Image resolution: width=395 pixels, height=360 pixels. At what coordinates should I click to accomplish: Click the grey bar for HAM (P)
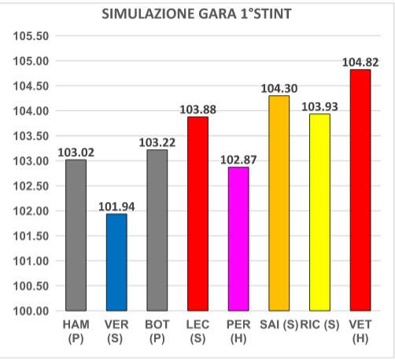click(x=76, y=235)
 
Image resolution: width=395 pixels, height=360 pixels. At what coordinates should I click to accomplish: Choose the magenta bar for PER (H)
click(x=238, y=239)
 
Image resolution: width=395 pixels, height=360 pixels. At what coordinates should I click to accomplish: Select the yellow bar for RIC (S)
click(x=320, y=212)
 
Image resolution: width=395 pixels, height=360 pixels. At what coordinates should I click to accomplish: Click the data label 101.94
click(x=116, y=207)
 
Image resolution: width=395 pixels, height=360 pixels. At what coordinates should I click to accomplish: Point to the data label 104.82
click(x=360, y=62)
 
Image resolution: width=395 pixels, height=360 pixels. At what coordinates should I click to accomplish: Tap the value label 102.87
click(x=238, y=160)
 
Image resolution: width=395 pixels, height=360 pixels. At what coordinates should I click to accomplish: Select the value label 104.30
click(x=279, y=89)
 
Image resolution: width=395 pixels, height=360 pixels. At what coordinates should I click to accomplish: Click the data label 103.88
click(x=198, y=109)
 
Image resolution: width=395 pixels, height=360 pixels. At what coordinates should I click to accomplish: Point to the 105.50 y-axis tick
click(x=32, y=36)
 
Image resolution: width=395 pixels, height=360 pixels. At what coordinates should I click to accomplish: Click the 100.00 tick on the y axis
click(x=32, y=311)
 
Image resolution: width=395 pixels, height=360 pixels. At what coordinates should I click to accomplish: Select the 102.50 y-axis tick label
click(x=32, y=186)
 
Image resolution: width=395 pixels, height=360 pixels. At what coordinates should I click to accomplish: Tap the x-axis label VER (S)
click(x=116, y=329)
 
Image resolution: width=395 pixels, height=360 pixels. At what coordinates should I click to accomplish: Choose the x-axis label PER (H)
click(x=238, y=329)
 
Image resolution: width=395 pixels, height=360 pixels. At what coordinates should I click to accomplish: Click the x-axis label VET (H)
click(x=360, y=329)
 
